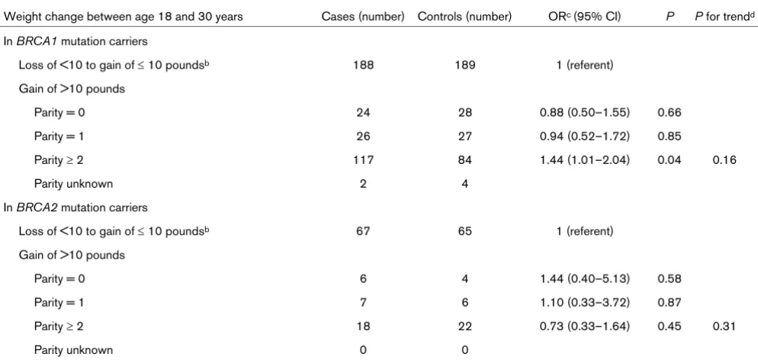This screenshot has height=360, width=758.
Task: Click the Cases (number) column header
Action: pyautogui.click(x=364, y=17)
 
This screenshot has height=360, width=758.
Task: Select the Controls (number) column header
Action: pyautogui.click(x=464, y=17)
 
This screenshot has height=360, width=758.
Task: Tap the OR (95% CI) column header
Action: pyautogui.click(x=582, y=17)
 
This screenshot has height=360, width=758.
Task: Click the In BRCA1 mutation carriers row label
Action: pyautogui.click(x=75, y=41)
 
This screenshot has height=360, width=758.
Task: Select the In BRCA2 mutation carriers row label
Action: pyautogui.click(x=75, y=207)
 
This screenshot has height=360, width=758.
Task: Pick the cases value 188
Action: pyautogui.click(x=364, y=66)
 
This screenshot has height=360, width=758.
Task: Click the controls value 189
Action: pyautogui.click(x=464, y=66)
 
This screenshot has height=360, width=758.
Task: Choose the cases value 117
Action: pyautogui.click(x=364, y=160)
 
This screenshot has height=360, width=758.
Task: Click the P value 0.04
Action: pyautogui.click(x=670, y=160)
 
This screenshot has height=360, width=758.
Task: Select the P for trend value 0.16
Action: pyautogui.click(x=724, y=160)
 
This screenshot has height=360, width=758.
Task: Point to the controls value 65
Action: pyautogui.click(x=464, y=231)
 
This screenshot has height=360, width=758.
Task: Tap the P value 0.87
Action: pyautogui.click(x=670, y=302)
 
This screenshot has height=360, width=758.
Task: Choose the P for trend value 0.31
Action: pyautogui.click(x=724, y=326)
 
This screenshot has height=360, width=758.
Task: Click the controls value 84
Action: pyautogui.click(x=464, y=160)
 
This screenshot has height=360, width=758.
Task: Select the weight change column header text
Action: pyautogui.click(x=124, y=17)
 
